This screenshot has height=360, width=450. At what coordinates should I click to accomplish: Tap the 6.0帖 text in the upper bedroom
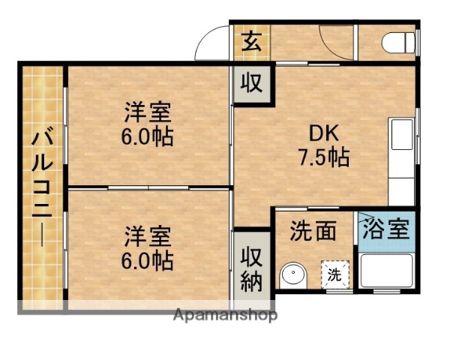pos(148,138)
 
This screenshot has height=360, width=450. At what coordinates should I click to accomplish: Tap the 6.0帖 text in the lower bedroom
pos(148,260)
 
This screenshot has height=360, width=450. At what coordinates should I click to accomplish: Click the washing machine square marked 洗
pos(334,274)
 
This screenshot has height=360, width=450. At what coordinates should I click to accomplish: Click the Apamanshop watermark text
pos(224,314)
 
